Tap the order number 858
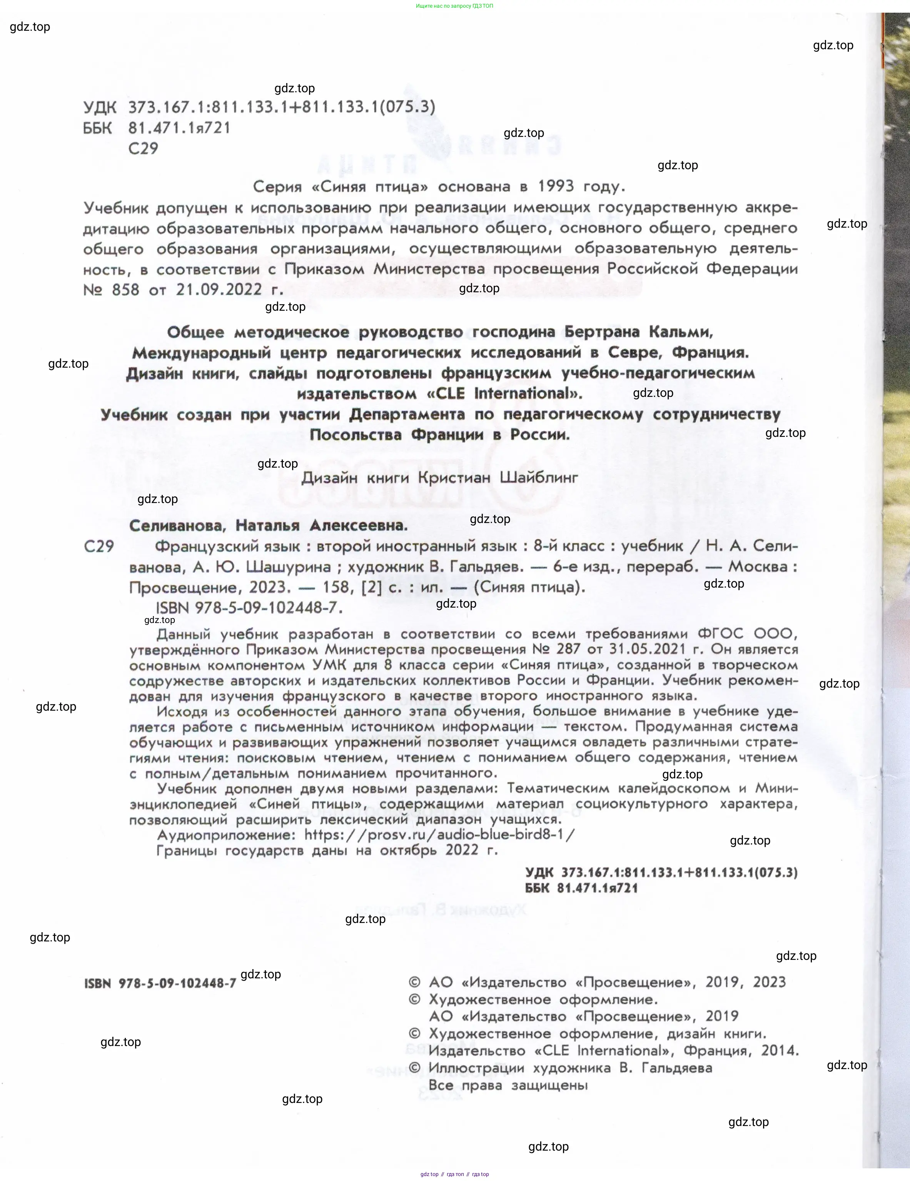point(125,290)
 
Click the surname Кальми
point(681,331)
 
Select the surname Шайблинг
point(538,478)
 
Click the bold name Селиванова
point(176,525)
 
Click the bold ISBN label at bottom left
point(97,983)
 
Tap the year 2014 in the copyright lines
point(779,1051)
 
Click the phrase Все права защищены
point(508,1085)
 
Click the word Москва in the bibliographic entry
point(762,567)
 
